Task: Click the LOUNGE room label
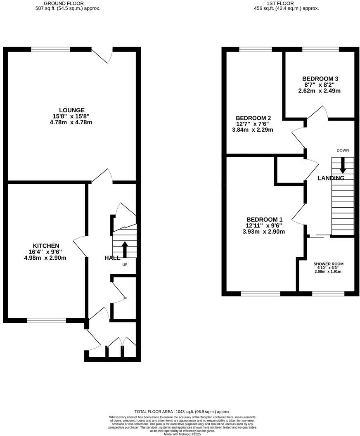(72, 110)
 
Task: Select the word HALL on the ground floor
(112, 258)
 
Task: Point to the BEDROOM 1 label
(265, 219)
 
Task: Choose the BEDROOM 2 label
(253, 117)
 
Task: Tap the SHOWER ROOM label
(328, 264)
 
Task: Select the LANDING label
(331, 178)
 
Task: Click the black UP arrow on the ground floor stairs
(125, 249)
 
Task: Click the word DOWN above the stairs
(343, 150)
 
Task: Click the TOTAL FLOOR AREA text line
(182, 412)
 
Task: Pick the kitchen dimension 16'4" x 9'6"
(45, 252)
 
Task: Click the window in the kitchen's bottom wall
(47, 320)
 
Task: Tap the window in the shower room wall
(328, 294)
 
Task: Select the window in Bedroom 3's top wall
(320, 50)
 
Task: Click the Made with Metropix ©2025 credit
(182, 434)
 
